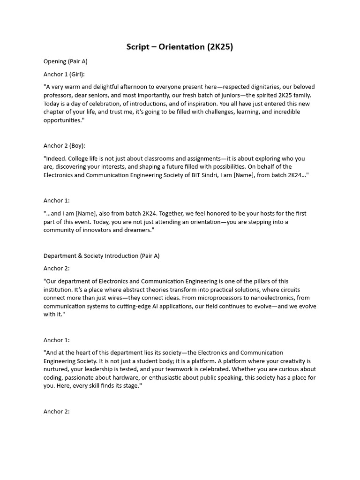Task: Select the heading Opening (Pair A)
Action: coord(66,61)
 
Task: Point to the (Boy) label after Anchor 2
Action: coord(77,146)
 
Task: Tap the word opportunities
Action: coord(62,120)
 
